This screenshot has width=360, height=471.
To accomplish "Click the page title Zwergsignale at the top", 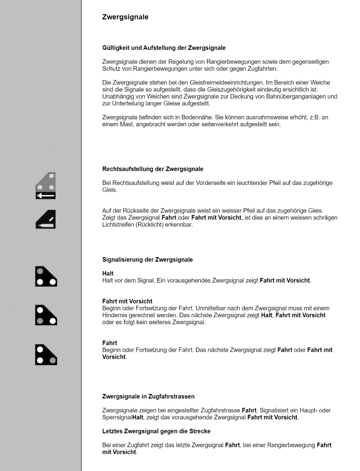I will [x=125, y=17].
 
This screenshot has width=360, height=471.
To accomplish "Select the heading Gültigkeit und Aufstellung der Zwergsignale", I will [x=164, y=48].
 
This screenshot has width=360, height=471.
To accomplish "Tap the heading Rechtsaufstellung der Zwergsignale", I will [x=152, y=169].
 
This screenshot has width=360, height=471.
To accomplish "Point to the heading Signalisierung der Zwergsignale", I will [x=147, y=260].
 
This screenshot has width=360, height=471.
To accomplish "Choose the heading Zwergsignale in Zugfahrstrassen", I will [x=148, y=396].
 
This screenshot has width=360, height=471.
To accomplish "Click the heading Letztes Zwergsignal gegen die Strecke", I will [x=156, y=431].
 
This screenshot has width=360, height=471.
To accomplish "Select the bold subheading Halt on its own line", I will [x=108, y=273].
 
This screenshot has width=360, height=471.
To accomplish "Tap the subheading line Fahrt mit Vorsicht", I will [x=127, y=301].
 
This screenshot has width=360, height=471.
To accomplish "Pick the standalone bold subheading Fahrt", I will [x=110, y=343].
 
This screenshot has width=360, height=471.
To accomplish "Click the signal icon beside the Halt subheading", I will [x=46, y=277].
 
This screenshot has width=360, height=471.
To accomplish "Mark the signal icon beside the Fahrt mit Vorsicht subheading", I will [x=46, y=315].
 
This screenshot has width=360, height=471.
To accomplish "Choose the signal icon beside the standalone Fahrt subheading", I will [x=46, y=355].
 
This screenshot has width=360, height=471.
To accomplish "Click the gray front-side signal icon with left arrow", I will [x=46, y=186].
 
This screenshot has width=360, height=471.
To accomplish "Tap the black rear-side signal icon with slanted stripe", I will [x=46, y=220].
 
